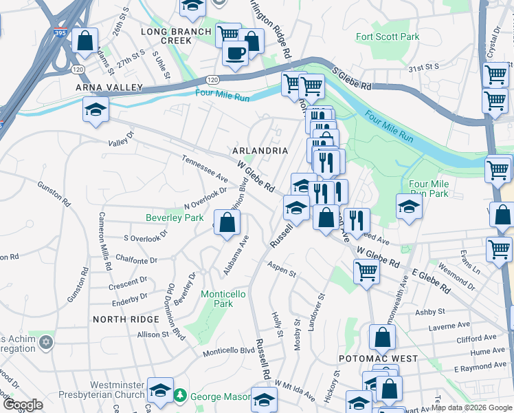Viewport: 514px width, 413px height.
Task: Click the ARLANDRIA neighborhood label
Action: tap(260, 150)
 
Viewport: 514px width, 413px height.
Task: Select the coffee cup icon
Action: tap(235, 52)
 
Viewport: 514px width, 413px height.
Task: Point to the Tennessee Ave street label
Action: tap(204, 168)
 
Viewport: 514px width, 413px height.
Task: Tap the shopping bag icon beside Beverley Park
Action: tap(227, 222)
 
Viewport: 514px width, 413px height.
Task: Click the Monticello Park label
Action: tap(223, 299)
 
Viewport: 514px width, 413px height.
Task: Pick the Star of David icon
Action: tap(46, 342)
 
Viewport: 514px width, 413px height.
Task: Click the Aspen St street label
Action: tap(282, 268)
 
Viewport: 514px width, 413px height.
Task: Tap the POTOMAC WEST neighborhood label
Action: tap(378, 359)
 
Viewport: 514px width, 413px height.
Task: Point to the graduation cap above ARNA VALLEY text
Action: tap(96, 108)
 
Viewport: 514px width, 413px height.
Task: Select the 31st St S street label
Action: tap(423, 67)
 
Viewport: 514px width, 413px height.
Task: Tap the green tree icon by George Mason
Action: tap(180, 396)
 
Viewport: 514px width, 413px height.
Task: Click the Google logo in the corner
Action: tap(22, 405)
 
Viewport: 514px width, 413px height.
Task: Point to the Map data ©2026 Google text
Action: tap(470, 407)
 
